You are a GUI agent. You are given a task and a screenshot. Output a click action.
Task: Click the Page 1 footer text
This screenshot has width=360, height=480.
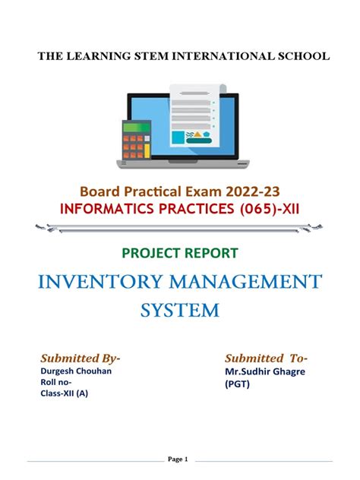click(x=179, y=459)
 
